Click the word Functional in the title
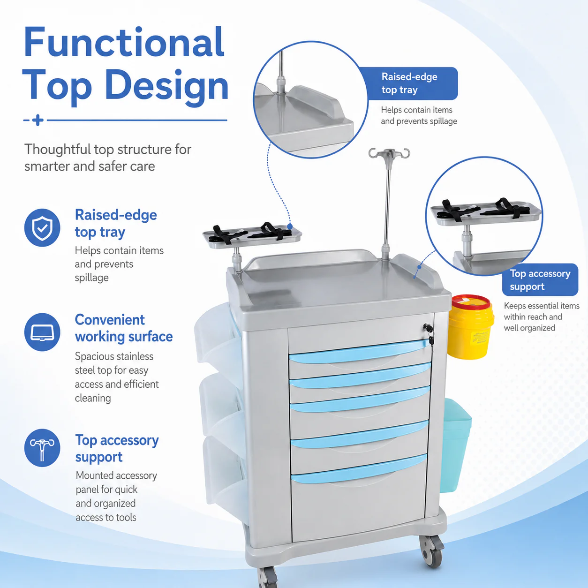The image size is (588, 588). point(124,42)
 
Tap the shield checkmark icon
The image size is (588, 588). point(42,227)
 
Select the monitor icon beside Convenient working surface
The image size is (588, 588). point(42,332)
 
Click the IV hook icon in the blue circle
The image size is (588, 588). point(42,448)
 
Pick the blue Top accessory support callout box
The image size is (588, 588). point(540,280)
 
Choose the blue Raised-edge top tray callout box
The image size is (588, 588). point(409,83)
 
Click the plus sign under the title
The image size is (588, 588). point(38,120)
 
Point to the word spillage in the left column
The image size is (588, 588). point(91,278)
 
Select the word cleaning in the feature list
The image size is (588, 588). point(93,398)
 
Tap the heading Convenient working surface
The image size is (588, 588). point(124,328)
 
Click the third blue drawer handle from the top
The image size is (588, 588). point(360,401)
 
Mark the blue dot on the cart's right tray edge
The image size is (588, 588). point(419,267)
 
